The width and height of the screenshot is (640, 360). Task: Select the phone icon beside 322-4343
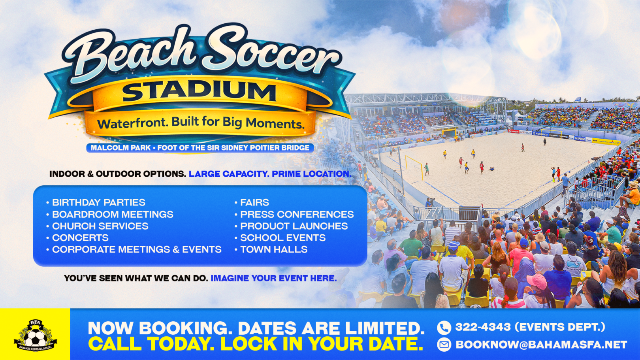pyautogui.click(x=444, y=328)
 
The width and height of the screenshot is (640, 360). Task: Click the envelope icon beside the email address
pyautogui.click(x=444, y=345)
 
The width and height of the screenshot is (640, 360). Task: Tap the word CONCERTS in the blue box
pyautogui.click(x=80, y=238)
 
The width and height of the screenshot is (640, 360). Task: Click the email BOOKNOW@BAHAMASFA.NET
pyautogui.click(x=541, y=345)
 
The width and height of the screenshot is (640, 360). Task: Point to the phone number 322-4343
pyautogui.click(x=483, y=327)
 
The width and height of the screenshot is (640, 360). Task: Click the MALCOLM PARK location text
pyautogui.click(x=120, y=148)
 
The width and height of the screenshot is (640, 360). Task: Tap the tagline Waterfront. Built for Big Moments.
pyautogui.click(x=201, y=123)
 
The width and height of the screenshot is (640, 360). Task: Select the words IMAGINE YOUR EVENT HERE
pyautogui.click(x=274, y=278)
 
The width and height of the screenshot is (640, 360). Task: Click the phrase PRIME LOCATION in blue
pyautogui.click(x=311, y=174)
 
